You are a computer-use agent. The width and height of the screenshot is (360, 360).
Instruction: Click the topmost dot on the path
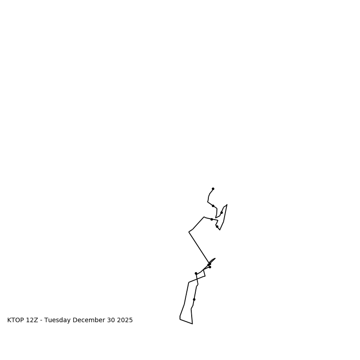pos(213,189)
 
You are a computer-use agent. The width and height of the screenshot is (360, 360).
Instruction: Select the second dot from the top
pos(213,206)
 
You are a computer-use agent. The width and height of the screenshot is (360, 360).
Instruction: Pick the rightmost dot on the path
pos(221,212)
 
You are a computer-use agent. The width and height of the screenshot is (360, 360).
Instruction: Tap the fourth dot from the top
pos(211,219)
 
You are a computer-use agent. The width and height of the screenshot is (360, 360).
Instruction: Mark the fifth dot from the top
pos(217,226)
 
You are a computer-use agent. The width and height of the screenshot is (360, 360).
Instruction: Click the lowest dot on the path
pos(194,299)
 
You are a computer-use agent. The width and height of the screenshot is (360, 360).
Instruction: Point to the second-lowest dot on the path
pos(196,273)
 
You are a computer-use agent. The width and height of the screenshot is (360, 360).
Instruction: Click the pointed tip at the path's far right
pos(227,205)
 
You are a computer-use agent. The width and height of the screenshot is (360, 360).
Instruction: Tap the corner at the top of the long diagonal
pos(189,232)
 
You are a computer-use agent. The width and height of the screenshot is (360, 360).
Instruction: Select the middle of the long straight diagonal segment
pos(199,247)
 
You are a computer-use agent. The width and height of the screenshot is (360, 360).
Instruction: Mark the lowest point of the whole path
pos(192,324)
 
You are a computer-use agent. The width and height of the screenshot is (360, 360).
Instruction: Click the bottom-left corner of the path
pos(180,319)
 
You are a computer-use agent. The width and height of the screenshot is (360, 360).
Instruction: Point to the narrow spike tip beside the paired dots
pos(215,258)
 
